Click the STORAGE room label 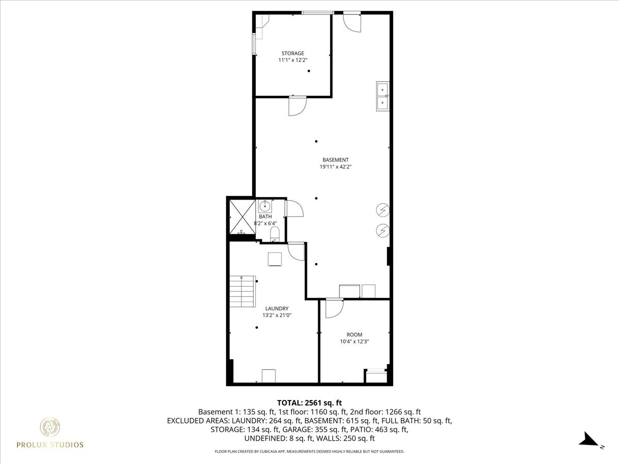tap(292, 53)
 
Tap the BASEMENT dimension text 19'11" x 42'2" tap(335, 167)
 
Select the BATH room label tap(265, 217)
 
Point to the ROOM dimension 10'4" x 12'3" tap(354, 341)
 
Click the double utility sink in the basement tap(383, 96)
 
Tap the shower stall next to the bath tap(242, 217)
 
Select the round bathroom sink tap(265, 207)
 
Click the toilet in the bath tap(274, 236)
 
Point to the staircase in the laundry tap(242, 292)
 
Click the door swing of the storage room tap(297, 106)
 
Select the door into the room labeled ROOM tap(333, 308)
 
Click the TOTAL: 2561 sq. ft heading tap(309, 402)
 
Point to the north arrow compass tap(588, 439)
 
